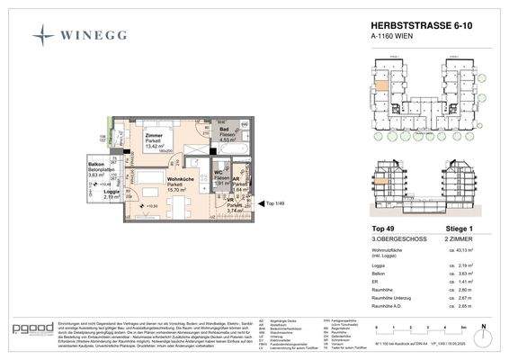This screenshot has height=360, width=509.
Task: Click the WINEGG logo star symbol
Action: pos(42,36)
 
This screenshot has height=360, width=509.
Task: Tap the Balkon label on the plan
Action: pos(85,162)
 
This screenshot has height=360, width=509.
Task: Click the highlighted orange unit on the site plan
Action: pos(381,86)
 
